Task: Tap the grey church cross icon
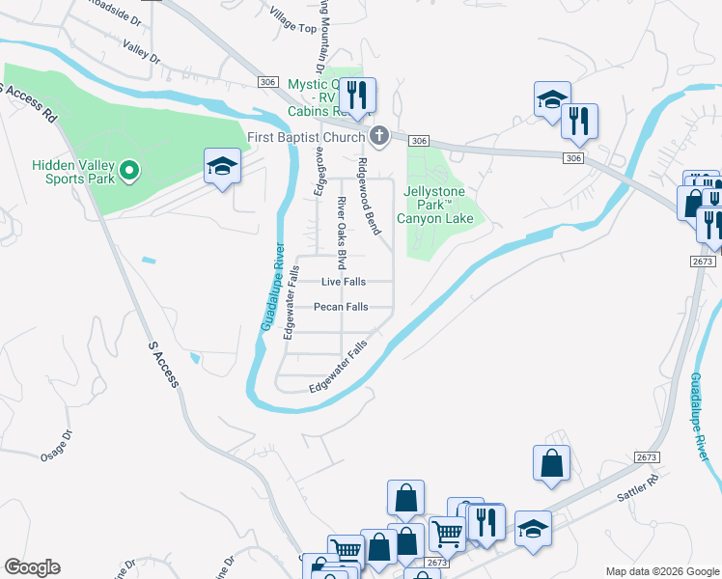pyautogui.click(x=379, y=137)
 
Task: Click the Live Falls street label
pyautogui.click(x=344, y=282)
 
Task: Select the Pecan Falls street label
pyautogui.click(x=341, y=307)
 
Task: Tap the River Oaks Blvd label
pyautogui.click(x=341, y=233)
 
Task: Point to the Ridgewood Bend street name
pyautogui.click(x=369, y=196)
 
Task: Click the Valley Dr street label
pyautogui.click(x=141, y=51)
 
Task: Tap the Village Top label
pyautogui.click(x=293, y=25)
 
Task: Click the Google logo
pyautogui.click(x=32, y=567)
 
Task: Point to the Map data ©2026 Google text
pyautogui.click(x=661, y=571)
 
